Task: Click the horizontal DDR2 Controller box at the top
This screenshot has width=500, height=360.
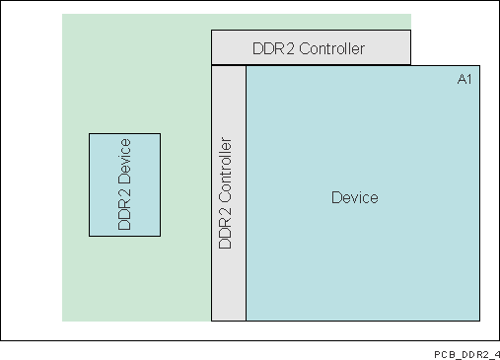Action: pyautogui.click(x=311, y=47)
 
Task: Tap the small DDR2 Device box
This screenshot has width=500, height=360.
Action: pyautogui.click(x=124, y=184)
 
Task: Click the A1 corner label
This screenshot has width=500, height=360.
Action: pyautogui.click(x=464, y=79)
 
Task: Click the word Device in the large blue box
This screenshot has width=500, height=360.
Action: pyautogui.click(x=355, y=198)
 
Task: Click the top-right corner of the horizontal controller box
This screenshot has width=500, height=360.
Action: pyautogui.click(x=410, y=31)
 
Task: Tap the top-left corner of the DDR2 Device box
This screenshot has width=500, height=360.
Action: pyautogui.click(x=90, y=134)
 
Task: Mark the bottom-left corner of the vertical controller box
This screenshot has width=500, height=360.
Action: pyautogui.click(x=212, y=321)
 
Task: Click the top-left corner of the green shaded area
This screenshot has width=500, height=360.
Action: pyautogui.click(x=62, y=15)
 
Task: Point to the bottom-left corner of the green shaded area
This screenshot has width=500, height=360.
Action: pyautogui.click(x=62, y=321)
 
